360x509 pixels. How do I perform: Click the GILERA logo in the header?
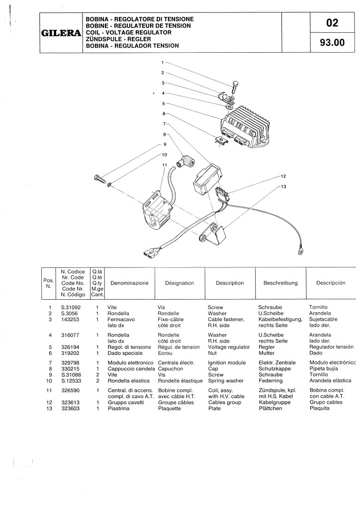click(61, 33)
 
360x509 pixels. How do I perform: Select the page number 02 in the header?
click(332, 23)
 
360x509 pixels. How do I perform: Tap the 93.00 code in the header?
click(333, 43)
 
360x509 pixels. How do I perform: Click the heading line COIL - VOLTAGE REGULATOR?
click(129, 32)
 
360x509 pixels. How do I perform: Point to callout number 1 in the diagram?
click(163, 62)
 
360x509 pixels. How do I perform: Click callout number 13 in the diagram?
click(283, 187)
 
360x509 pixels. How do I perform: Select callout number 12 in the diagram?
click(283, 176)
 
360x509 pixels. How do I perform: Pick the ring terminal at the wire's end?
click(300, 251)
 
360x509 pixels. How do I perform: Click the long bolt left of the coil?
click(99, 179)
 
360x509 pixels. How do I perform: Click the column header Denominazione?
click(129, 283)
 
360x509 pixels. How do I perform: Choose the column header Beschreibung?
click(280, 283)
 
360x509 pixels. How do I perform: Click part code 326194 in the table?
click(70, 347)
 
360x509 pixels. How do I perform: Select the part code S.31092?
click(71, 307)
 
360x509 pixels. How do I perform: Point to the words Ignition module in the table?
click(227, 362)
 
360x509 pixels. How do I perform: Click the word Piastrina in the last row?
click(118, 409)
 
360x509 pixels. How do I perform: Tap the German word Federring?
click(270, 381)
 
